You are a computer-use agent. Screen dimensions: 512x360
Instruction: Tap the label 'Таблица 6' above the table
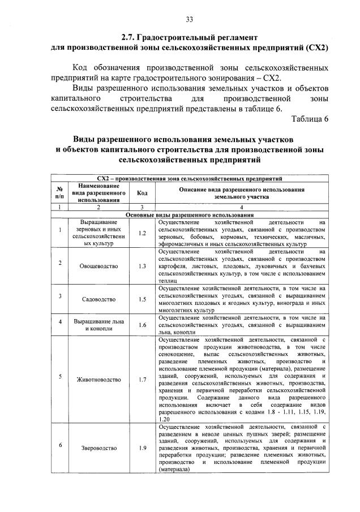[310, 118]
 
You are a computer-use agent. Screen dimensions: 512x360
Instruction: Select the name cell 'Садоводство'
[98, 298]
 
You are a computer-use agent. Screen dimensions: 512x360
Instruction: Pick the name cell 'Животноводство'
[98, 380]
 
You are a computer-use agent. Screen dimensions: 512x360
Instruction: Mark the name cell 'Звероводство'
[98, 448]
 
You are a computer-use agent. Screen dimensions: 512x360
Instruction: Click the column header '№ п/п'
[59, 193]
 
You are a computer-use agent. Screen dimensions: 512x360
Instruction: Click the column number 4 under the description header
[242, 208]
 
